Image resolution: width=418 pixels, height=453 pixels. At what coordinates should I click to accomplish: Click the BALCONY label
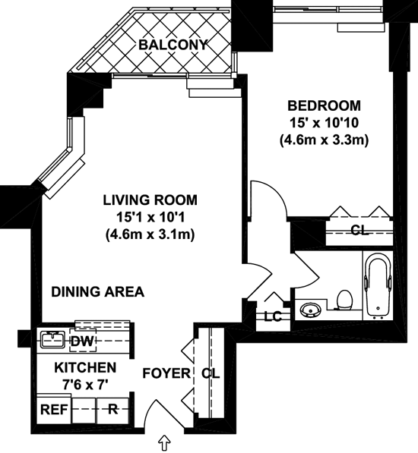coord(173,45)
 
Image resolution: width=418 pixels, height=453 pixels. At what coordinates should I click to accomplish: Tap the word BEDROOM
coord(324,105)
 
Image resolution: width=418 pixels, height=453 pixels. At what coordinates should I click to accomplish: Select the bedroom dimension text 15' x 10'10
coord(324,123)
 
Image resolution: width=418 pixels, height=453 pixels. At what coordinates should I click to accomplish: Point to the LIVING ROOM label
coord(150,200)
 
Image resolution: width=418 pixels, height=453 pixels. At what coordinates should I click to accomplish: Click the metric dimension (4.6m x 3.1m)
coord(150,234)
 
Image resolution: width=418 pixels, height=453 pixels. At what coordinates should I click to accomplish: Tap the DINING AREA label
coord(98,292)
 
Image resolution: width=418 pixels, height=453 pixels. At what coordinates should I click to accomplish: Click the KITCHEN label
coord(85,367)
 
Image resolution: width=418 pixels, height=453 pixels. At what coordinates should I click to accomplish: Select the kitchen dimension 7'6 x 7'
coord(85,385)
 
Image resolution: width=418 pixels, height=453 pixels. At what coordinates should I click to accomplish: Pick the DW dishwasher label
coord(82,341)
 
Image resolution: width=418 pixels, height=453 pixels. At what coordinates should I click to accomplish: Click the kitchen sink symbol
coord(52,340)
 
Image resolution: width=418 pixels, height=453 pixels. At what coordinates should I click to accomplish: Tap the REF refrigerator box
coord(54,410)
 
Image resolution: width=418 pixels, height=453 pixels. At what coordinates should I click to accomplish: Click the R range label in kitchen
coord(112,409)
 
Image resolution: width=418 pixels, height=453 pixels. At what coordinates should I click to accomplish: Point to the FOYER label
coord(166,373)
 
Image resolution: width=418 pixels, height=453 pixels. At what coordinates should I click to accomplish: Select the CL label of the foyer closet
coord(211,373)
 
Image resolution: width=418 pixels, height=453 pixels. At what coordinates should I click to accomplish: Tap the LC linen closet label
coord(273,317)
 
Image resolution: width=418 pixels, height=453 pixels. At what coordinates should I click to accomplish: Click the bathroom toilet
coord(344,300)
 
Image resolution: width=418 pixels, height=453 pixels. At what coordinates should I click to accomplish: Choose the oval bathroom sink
coord(311,310)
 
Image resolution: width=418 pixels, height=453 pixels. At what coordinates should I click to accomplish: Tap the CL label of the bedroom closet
coord(359,230)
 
